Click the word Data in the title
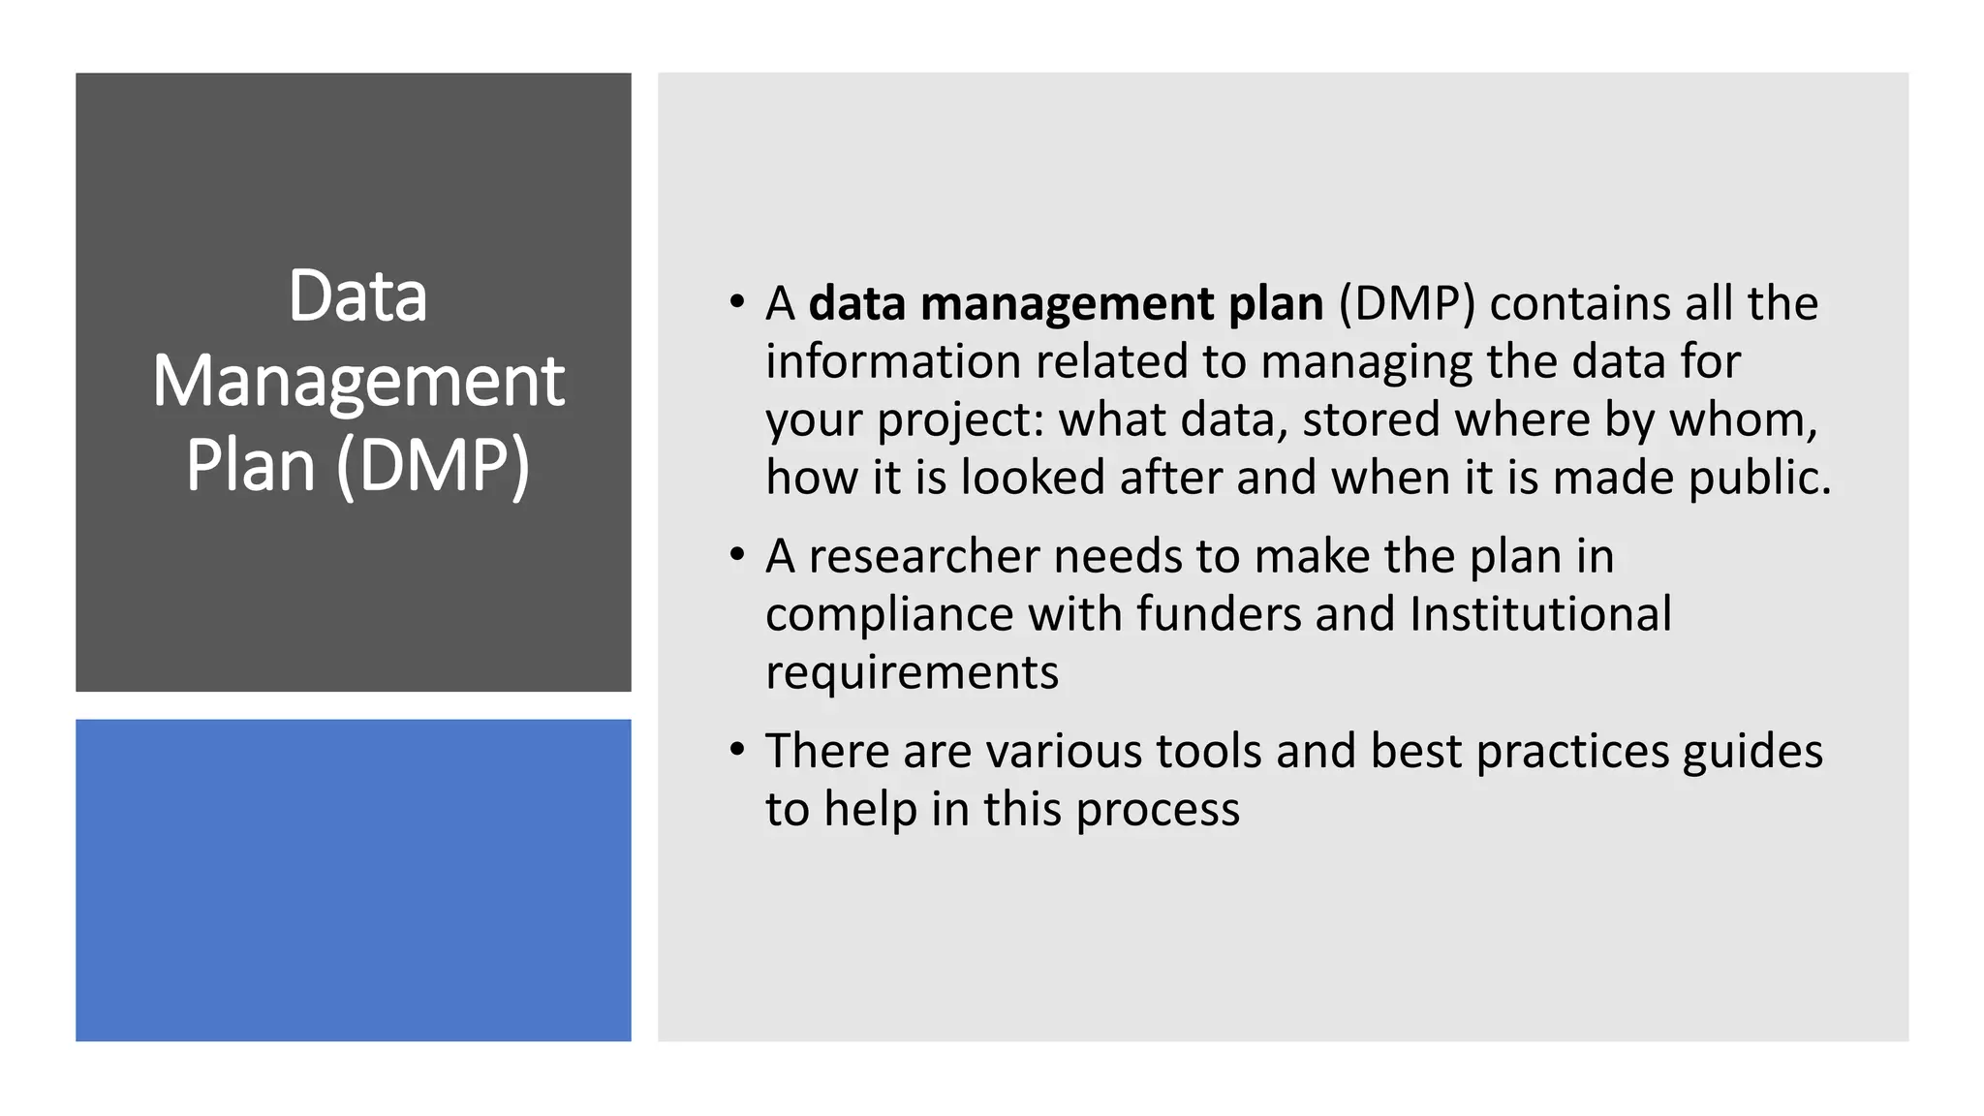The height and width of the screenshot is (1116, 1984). coord(357,296)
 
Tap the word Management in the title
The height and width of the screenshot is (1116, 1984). coord(357,381)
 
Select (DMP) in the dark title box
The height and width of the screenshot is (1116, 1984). coord(433,465)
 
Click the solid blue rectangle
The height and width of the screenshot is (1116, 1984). coord(354,880)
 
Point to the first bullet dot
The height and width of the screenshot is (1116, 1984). coord(738,301)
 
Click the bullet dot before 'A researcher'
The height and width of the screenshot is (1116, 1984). coord(738,554)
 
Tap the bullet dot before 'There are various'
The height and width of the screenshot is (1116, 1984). coord(738,749)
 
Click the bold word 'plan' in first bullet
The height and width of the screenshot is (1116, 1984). coord(1276,304)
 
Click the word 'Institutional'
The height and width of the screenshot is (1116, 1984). coord(1540,614)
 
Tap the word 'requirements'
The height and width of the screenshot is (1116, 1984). coord(912,673)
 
